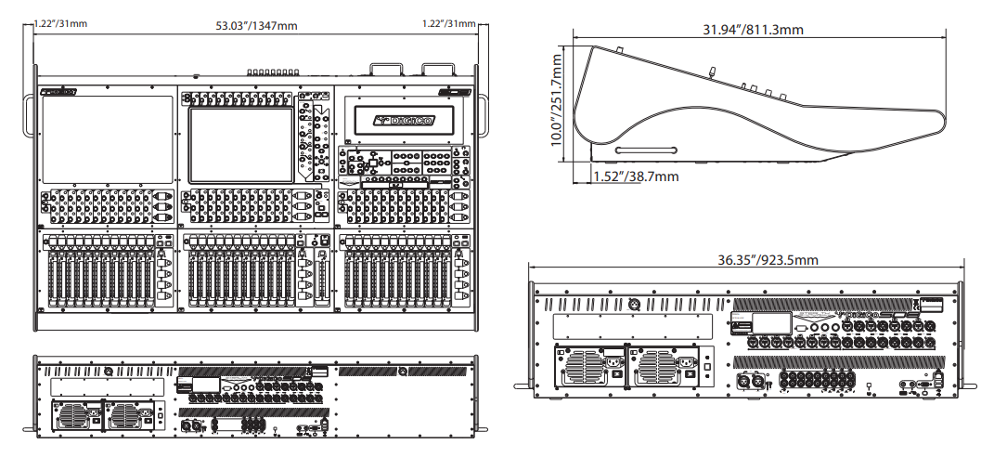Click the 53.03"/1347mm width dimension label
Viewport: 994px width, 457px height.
(x=256, y=24)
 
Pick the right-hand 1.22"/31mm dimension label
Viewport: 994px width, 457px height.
(x=450, y=23)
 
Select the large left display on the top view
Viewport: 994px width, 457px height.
(x=107, y=139)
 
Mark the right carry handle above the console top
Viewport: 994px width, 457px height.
(x=436, y=69)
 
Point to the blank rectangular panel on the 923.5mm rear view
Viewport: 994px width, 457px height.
(x=632, y=325)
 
